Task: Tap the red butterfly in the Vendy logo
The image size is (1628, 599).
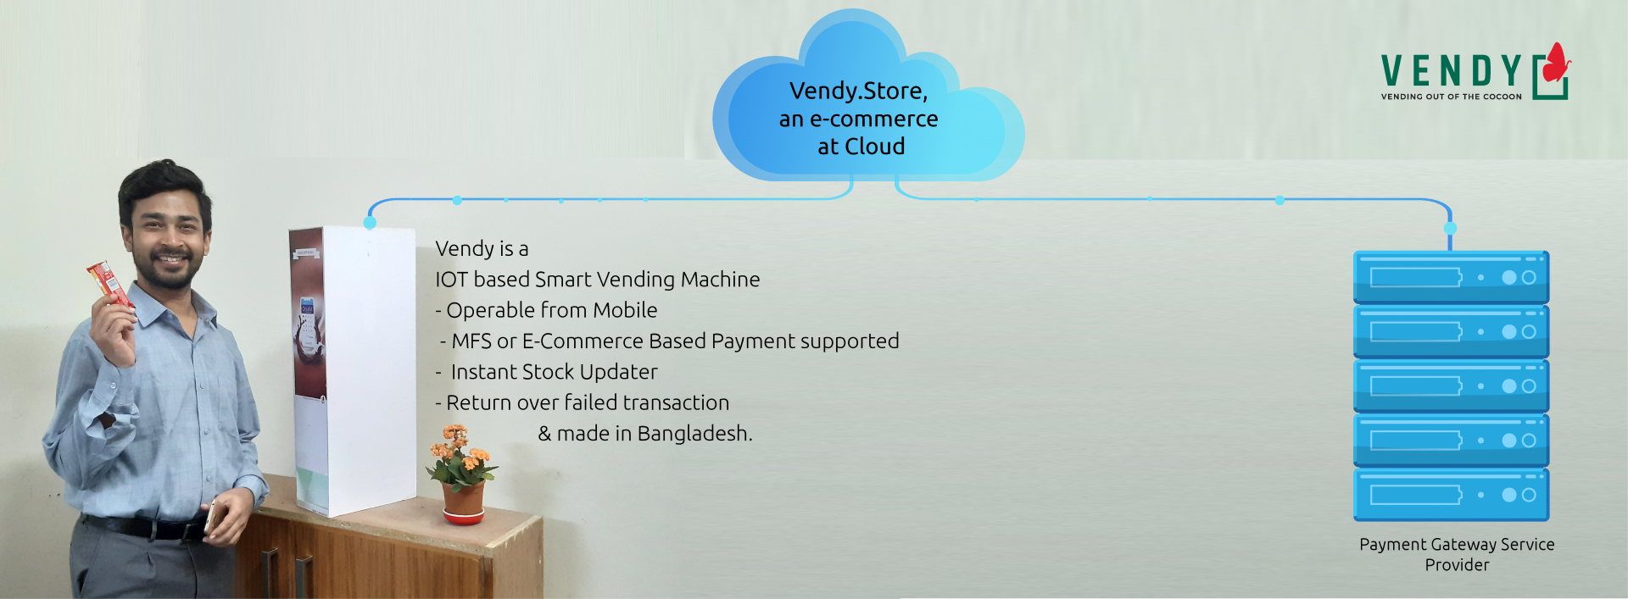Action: pos(1557,63)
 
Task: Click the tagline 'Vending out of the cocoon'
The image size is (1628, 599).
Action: pos(1451,97)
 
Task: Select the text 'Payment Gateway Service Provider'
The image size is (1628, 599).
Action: pos(1457,554)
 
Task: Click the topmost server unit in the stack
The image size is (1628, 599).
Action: pos(1451,277)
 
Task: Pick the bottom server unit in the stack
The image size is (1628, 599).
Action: pos(1451,495)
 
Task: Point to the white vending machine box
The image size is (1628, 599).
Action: pos(353,370)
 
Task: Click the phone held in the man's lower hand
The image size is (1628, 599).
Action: pos(210,516)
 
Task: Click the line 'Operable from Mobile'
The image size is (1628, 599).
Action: pos(546,310)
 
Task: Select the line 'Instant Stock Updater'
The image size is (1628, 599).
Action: pos(547,372)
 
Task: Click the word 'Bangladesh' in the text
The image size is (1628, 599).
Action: pos(694,433)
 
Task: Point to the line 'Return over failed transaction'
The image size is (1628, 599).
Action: pos(583,402)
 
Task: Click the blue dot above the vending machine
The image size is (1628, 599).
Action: pos(370,223)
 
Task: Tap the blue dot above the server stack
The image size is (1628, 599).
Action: pos(1450,229)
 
